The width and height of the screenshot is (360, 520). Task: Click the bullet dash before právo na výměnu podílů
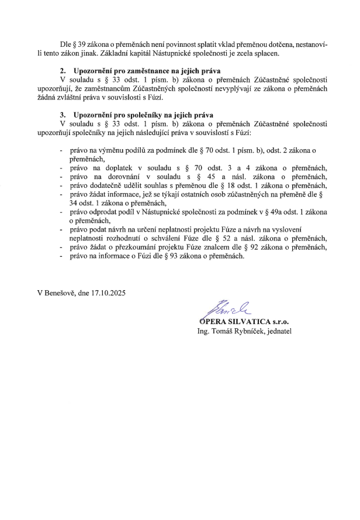[x=62, y=150]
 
